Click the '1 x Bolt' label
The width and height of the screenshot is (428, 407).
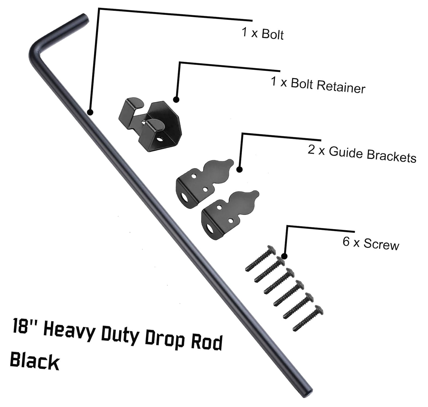[x=263, y=34]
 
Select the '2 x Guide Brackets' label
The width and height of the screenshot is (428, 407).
[x=362, y=154]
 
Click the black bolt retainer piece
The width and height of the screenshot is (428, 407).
[x=151, y=124]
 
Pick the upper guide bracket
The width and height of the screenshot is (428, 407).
[x=205, y=182]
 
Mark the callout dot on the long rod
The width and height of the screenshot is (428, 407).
[x=90, y=112]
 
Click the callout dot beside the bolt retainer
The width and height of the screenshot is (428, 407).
[x=176, y=99]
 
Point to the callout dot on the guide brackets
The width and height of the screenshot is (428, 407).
[x=240, y=169]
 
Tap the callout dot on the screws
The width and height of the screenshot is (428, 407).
[x=284, y=256]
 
